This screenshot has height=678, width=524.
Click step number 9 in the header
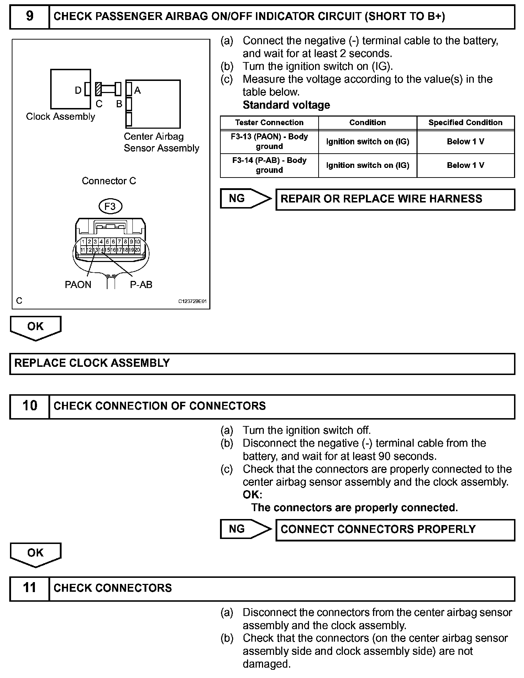pos(30,16)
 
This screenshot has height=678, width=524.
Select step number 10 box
pos(30,406)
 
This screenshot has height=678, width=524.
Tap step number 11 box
pos(30,588)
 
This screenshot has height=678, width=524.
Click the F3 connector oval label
pos(110,206)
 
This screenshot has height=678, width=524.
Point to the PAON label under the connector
pos(78,284)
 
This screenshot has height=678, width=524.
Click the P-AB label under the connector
pos(141,284)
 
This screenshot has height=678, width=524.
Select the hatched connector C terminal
pos(99,89)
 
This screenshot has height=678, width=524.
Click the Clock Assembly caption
pos(61,117)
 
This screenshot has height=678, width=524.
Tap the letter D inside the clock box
pos(78,91)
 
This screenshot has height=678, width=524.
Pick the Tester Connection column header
pos(269,123)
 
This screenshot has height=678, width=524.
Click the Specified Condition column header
pos(465,123)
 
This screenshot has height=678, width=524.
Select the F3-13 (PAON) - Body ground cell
pos(269,142)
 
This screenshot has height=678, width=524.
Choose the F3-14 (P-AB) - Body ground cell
pos(269,165)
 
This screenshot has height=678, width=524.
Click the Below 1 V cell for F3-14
pos(465,165)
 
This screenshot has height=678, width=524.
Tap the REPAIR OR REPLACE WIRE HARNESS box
pos(395,199)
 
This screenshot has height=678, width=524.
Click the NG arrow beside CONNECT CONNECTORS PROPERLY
pos(245,529)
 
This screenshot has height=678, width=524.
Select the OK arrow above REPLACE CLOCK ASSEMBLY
pos(36,327)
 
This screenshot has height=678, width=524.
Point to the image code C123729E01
pos(192,301)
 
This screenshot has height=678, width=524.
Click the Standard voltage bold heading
pos(286,105)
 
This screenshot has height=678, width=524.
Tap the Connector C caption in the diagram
pos(109,181)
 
